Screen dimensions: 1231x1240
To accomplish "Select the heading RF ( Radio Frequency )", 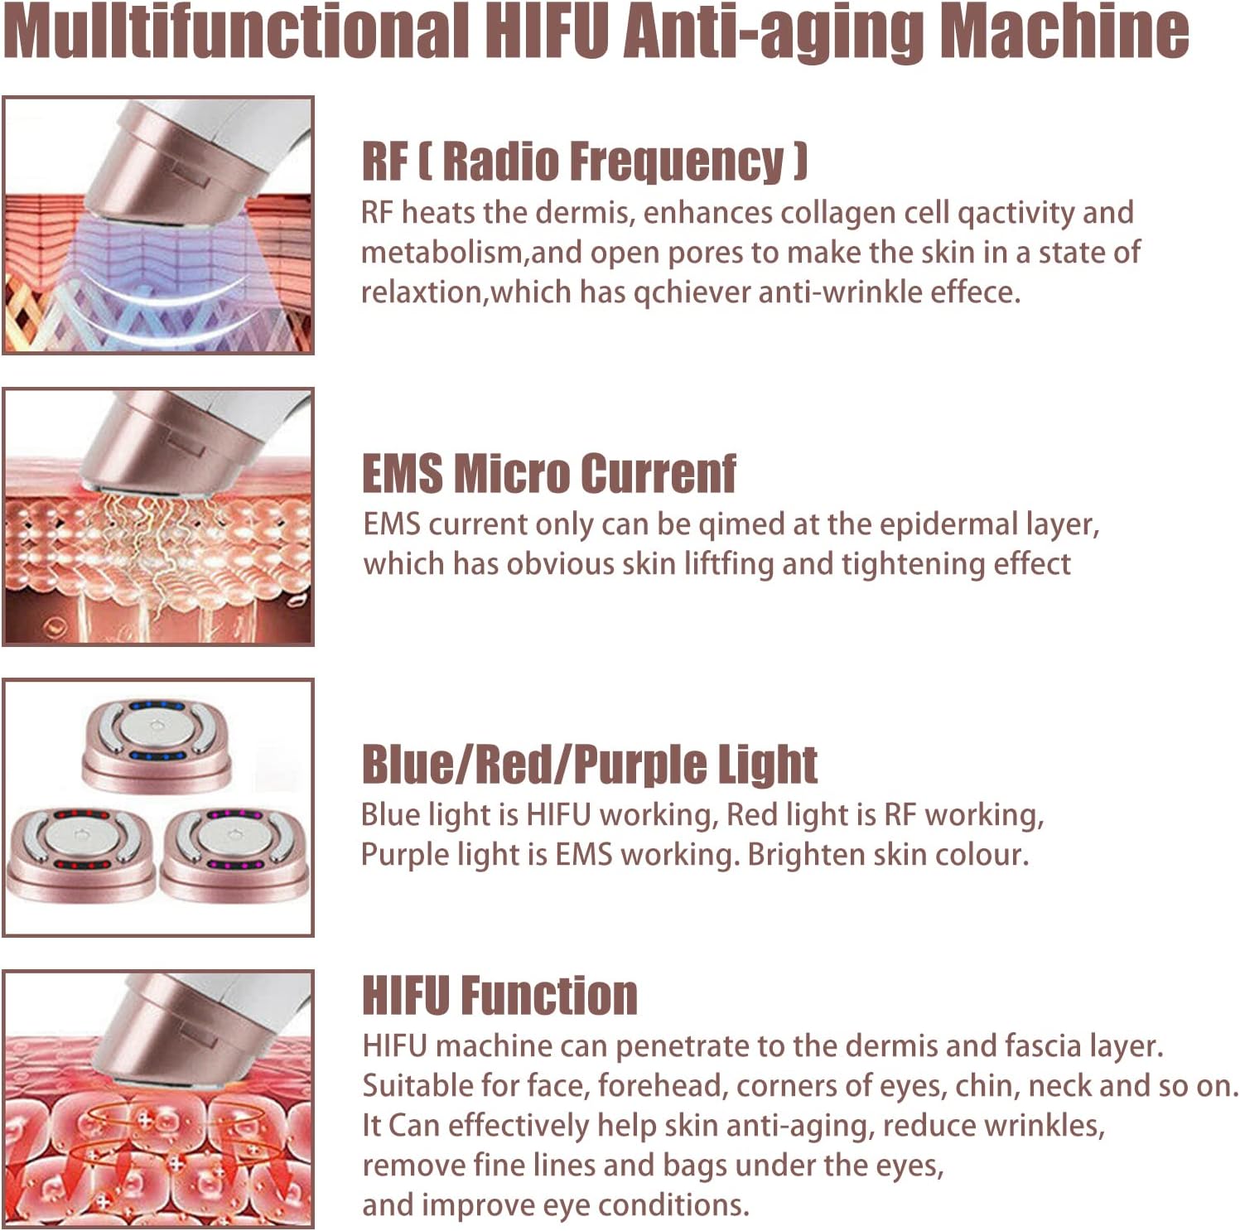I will coord(584,162).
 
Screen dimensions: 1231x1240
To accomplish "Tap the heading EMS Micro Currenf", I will coord(548,474).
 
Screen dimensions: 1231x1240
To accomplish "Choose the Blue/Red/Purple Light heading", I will coord(589,764).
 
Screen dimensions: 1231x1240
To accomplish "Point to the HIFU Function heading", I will coord(499,995).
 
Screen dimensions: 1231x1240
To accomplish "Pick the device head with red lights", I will coord(80,853).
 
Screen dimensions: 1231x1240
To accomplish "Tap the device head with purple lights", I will coord(234,853).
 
